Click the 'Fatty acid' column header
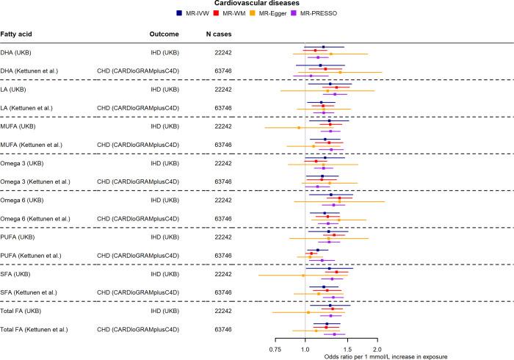pyautogui.click(x=21, y=35)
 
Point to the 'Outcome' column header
pyautogui.click(x=164, y=35)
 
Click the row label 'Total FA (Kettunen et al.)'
pyautogui.click(x=45, y=329)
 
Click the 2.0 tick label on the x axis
pyautogui.click(x=377, y=348)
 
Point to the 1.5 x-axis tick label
pyautogui.click(x=347, y=348)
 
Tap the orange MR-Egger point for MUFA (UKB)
pyautogui.click(x=299, y=128)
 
